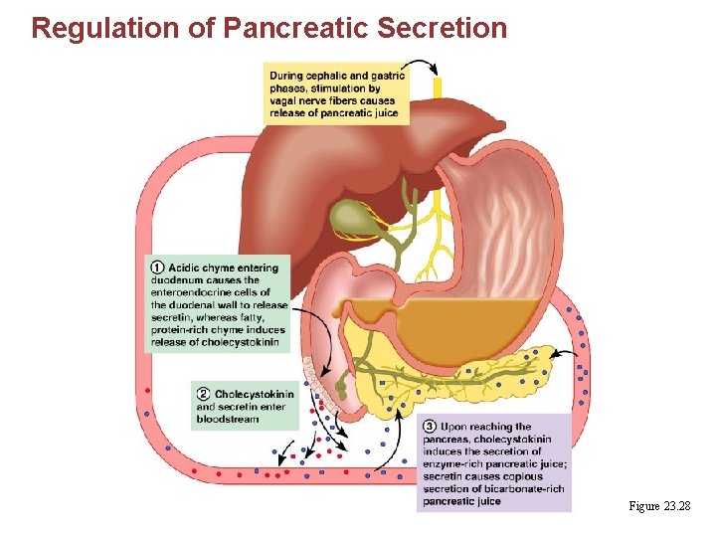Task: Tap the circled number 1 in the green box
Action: point(157,267)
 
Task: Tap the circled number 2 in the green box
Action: point(203,395)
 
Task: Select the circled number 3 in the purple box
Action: point(430,427)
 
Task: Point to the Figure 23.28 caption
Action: point(659,507)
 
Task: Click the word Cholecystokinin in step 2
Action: point(254,395)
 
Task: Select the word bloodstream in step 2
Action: point(228,420)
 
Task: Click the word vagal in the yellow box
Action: point(284,100)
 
